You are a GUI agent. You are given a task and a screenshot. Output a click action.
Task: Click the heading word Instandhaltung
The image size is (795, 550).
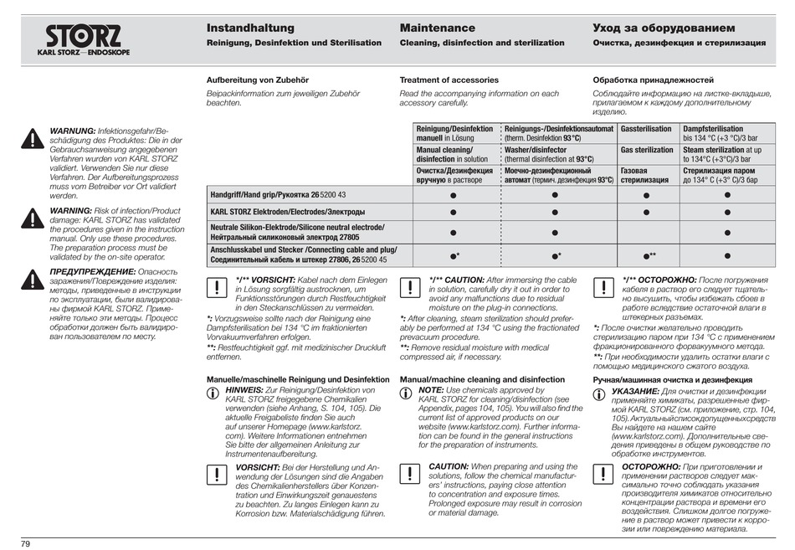[x=250, y=28]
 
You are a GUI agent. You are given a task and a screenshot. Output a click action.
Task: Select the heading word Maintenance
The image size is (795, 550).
[x=437, y=28]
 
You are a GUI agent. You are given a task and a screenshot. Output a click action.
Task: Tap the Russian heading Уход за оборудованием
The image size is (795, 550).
[x=664, y=28]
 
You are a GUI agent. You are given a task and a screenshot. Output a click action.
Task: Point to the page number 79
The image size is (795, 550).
[x=26, y=543]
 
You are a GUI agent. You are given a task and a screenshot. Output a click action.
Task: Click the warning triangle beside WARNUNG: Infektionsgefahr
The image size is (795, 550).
[x=32, y=139]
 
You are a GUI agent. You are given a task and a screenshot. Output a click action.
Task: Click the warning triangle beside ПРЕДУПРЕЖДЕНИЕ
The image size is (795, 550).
[x=32, y=280]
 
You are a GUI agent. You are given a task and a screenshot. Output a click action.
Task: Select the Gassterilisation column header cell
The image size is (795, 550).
[x=646, y=129]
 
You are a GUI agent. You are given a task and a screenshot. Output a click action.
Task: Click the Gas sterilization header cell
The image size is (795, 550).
[x=646, y=150]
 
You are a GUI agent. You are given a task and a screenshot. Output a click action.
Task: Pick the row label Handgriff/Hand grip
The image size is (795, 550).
[x=277, y=194]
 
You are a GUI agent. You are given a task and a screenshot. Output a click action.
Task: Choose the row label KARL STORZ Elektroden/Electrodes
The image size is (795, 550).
[x=287, y=212]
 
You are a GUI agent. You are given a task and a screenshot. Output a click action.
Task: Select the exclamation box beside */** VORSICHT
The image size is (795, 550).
[x=216, y=287]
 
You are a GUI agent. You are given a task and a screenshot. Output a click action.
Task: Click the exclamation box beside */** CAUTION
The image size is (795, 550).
[x=410, y=287]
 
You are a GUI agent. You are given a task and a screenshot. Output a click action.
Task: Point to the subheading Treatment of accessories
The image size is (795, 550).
[x=449, y=80]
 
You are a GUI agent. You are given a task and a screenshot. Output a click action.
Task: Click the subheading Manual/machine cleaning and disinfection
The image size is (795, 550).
[x=482, y=379]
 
